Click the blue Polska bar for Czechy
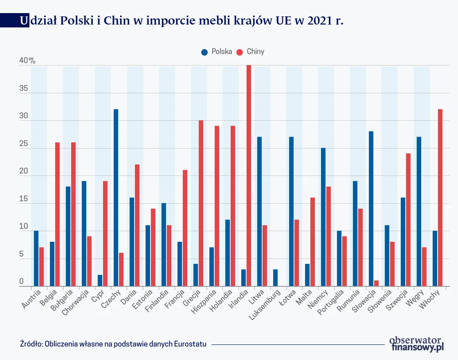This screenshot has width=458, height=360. coord(116,198)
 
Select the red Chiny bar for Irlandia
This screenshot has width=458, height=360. coord(249,175)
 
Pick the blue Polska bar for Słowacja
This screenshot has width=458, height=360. coord(371,209)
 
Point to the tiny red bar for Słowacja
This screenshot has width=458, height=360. coord(376,283)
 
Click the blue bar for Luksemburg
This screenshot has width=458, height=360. coord(275,278)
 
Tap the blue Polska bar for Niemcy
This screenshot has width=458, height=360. coord(323,217)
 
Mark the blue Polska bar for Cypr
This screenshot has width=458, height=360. coord(100,281)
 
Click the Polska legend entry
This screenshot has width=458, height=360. coord(217,52)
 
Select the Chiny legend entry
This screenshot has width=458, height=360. coord(251,52)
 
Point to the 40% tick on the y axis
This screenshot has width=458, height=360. coord(27,61)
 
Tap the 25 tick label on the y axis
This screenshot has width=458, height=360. coord(24,144)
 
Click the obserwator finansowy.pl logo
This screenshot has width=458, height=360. coord(416,344)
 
